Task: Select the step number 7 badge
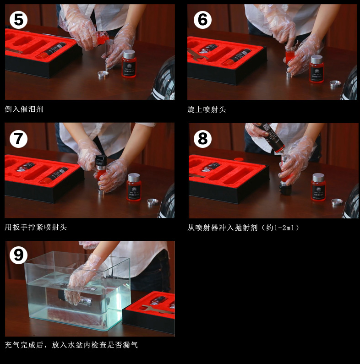tap(18, 138)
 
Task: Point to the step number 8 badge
tap(202, 138)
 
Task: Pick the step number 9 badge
tap(18, 255)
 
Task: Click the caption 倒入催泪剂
tap(24, 109)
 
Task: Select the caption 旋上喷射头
tap(207, 109)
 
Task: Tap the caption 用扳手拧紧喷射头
tap(36, 227)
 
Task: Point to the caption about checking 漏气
tap(71, 345)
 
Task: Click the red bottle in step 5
tap(129, 66)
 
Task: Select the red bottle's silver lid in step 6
tap(316, 59)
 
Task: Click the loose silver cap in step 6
tap(335, 84)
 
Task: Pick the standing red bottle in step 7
tap(134, 188)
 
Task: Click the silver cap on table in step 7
tap(153, 201)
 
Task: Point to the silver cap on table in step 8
tap(337, 201)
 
